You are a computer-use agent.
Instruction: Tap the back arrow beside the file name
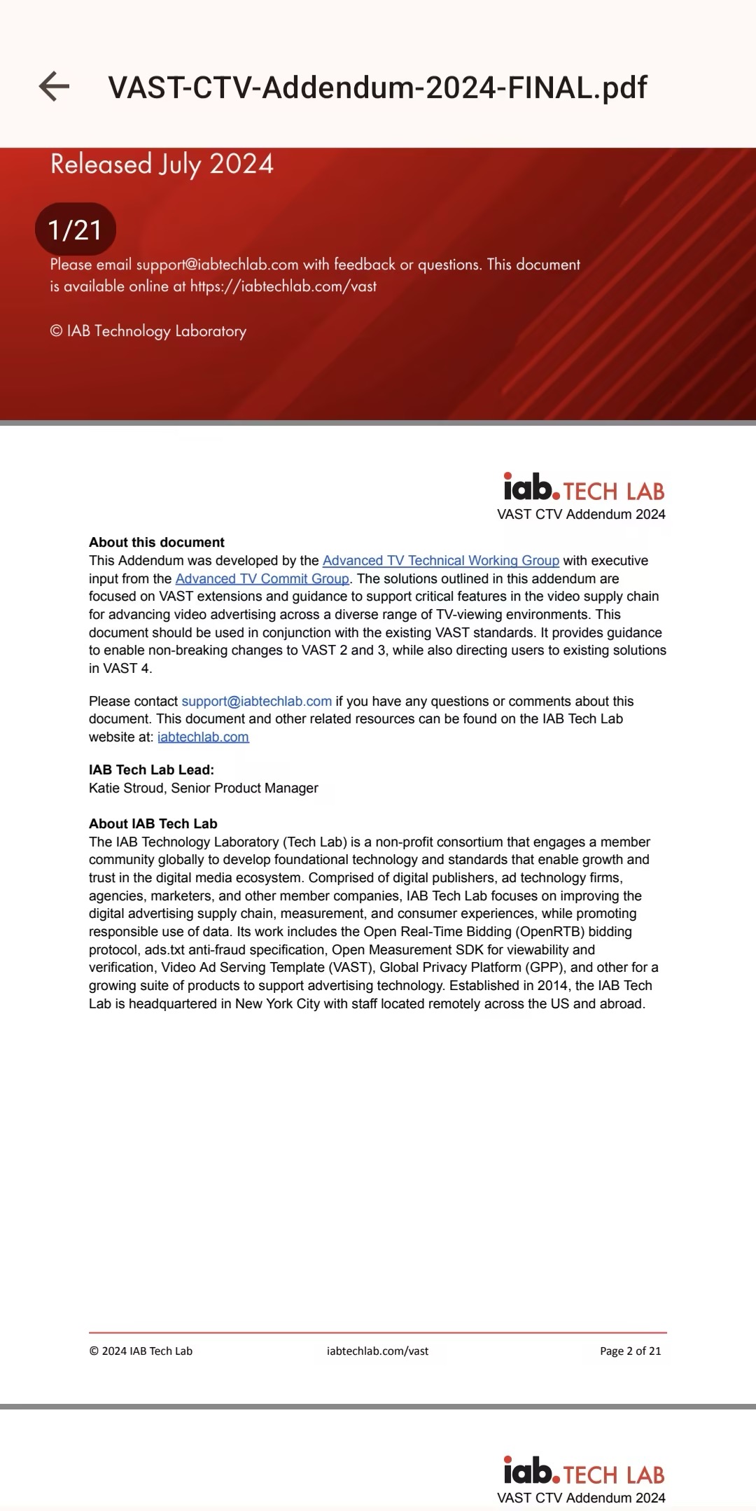click(x=54, y=87)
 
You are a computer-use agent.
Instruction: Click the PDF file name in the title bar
click(x=377, y=88)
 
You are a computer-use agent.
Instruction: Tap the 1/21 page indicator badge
click(x=75, y=230)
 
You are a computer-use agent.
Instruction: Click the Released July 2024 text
click(x=162, y=165)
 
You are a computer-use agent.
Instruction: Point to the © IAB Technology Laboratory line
click(x=148, y=331)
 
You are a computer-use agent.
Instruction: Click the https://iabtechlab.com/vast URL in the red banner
click(x=283, y=286)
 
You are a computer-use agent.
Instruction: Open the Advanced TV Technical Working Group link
click(x=440, y=561)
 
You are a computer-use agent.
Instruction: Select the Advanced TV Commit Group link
click(x=262, y=579)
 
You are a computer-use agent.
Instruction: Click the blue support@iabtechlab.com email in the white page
click(x=256, y=702)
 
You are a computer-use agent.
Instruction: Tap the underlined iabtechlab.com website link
click(x=203, y=737)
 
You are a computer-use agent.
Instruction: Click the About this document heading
click(x=157, y=543)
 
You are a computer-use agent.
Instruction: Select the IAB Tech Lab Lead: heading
click(x=151, y=770)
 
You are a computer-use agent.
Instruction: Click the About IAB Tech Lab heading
click(x=153, y=824)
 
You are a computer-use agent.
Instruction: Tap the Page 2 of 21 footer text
click(x=630, y=1351)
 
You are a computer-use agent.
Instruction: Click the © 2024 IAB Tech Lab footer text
click(x=141, y=1351)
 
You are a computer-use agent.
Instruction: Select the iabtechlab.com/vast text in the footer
click(x=377, y=1351)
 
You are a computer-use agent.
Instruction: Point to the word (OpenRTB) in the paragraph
click(x=551, y=932)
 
